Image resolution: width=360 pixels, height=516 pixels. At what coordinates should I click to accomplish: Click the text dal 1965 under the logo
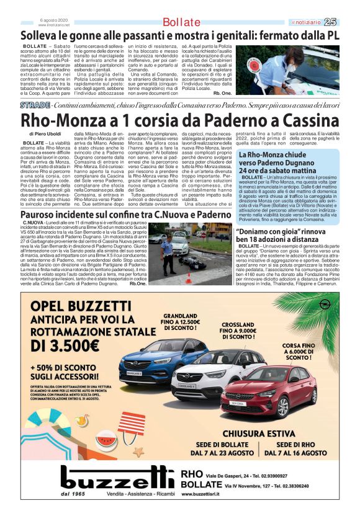[x=73, y=494]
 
